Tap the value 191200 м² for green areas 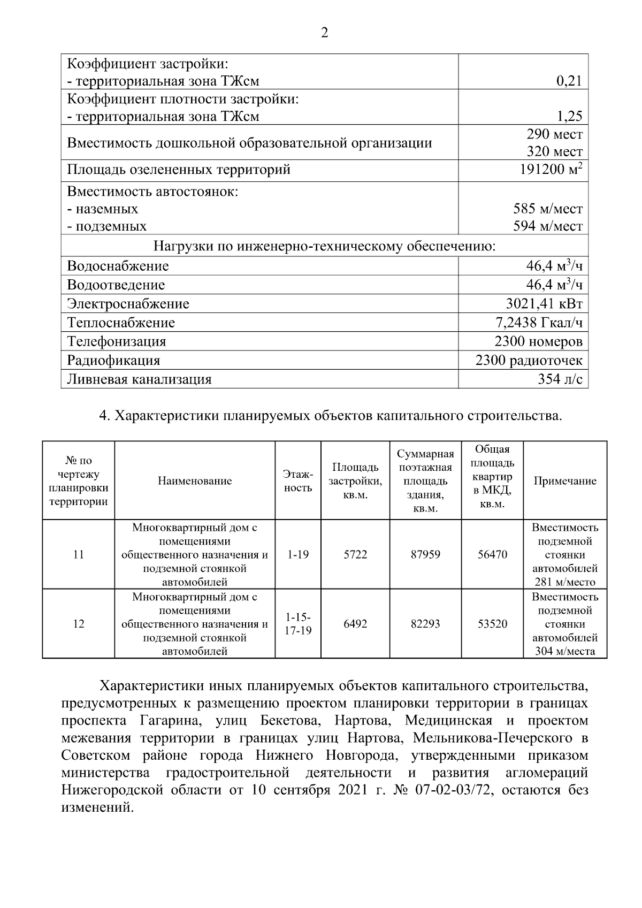(551, 170)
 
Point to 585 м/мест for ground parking (548, 209)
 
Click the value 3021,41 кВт (544, 304)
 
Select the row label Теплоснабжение (121, 323)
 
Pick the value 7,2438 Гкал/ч (539, 323)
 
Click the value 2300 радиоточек (529, 360)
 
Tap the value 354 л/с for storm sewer (560, 379)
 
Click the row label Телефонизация (117, 341)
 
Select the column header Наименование (195, 481)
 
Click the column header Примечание (565, 481)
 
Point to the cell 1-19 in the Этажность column (297, 555)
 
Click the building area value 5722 (355, 555)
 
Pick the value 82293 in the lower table (425, 624)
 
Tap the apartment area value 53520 (492, 624)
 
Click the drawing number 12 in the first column (79, 624)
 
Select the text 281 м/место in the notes (565, 582)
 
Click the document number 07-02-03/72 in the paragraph (453, 790)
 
